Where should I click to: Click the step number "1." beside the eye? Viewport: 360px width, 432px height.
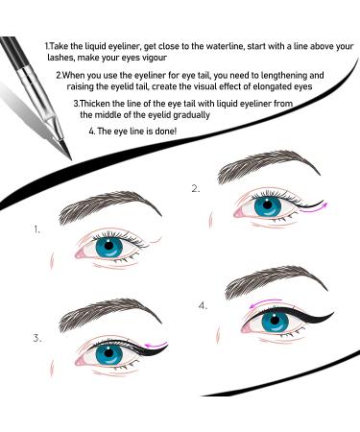(x=36, y=230)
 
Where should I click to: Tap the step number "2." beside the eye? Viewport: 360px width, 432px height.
(x=196, y=189)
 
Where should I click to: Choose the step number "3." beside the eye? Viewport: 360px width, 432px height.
(x=36, y=338)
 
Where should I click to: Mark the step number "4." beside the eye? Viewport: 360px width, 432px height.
(x=203, y=305)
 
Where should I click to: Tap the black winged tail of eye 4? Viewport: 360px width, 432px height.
(x=323, y=317)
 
